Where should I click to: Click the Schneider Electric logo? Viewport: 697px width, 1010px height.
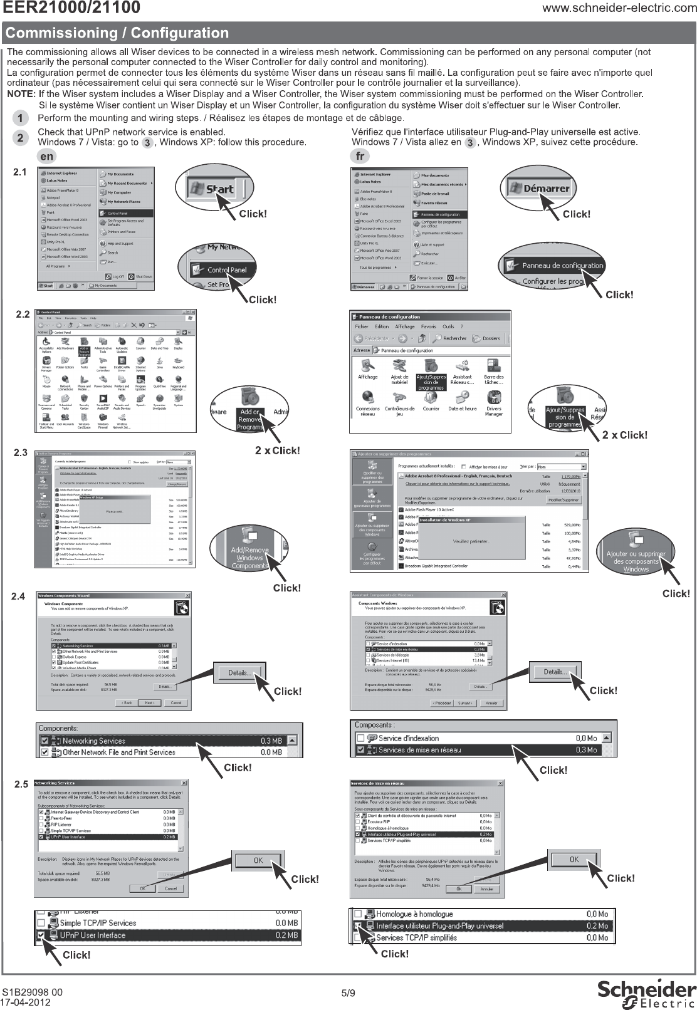646,994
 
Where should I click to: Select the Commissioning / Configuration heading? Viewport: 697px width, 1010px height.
118,33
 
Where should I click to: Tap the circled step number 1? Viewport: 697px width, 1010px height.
21,118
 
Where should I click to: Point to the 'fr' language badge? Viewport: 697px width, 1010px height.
360,157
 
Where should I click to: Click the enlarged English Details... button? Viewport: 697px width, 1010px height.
239,673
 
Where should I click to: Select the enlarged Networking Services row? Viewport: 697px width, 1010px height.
169,741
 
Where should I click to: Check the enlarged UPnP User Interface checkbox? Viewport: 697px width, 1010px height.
41,935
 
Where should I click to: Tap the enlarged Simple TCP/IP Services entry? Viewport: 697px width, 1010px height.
97,923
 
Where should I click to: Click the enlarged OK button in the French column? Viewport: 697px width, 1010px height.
574,860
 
